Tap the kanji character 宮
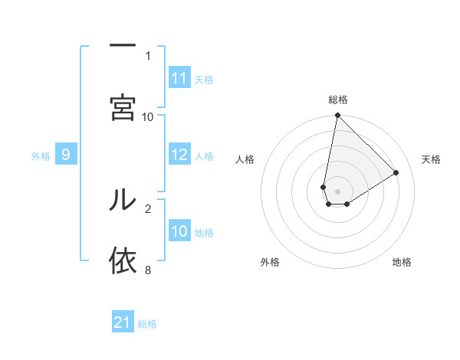[122, 107]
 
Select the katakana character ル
[122, 199]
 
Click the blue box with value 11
[179, 78]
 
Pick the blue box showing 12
[179, 155]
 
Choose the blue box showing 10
[179, 231]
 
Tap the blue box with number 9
[66, 155]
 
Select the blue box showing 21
[123, 322]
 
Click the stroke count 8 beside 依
[147, 270]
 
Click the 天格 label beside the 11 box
[204, 79]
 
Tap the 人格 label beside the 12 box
[204, 155]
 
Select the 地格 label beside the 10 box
[204, 232]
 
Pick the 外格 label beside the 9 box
[41, 155]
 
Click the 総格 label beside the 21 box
[147, 323]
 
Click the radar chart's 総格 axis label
[338, 100]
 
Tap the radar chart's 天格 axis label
[431, 159]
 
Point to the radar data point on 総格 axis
[337, 116]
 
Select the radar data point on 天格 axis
[396, 173]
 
